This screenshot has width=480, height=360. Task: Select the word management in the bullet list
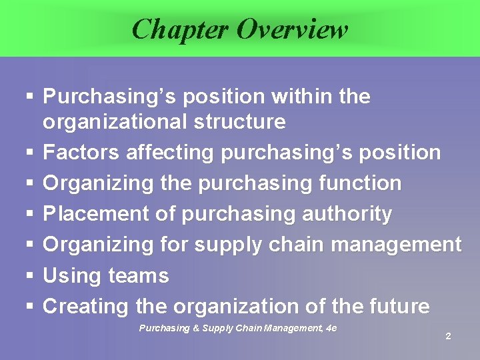pos(396,245)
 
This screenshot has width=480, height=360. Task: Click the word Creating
pos(86,307)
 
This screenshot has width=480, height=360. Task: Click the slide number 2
pos(448,337)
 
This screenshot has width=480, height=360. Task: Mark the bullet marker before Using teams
pos(29,276)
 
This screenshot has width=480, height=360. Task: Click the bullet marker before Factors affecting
pos(29,153)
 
